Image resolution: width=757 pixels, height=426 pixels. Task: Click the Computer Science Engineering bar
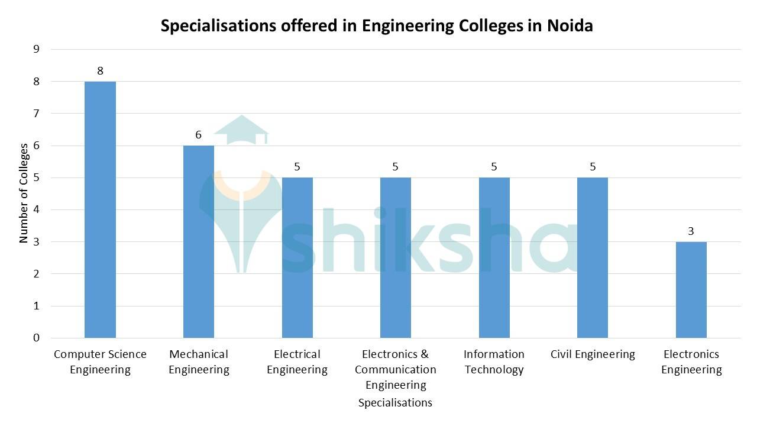[x=100, y=210]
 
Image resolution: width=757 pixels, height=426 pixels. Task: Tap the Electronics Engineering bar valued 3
[x=691, y=290]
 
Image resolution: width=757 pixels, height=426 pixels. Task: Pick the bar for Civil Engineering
[x=593, y=257]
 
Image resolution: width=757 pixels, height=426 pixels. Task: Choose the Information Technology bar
[x=494, y=257]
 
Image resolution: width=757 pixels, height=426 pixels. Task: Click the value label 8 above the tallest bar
[x=100, y=71]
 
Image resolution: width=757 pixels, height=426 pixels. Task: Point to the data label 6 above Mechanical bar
[x=199, y=135]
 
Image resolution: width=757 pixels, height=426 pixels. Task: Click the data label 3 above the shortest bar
[x=691, y=231]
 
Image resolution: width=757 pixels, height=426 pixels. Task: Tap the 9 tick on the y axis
[x=37, y=49]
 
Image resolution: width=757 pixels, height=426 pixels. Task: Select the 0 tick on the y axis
[x=37, y=338]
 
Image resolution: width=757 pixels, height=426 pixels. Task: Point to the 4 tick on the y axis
[x=37, y=209]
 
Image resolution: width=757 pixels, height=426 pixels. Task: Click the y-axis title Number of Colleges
[x=24, y=193]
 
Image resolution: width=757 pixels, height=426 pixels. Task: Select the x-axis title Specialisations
[x=395, y=403]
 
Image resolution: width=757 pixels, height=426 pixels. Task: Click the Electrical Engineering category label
[x=297, y=362]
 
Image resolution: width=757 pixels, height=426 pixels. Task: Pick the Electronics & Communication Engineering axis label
[x=395, y=369]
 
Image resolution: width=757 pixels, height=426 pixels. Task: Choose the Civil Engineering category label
[x=593, y=354]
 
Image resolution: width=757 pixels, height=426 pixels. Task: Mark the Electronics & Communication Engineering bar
[x=395, y=257]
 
